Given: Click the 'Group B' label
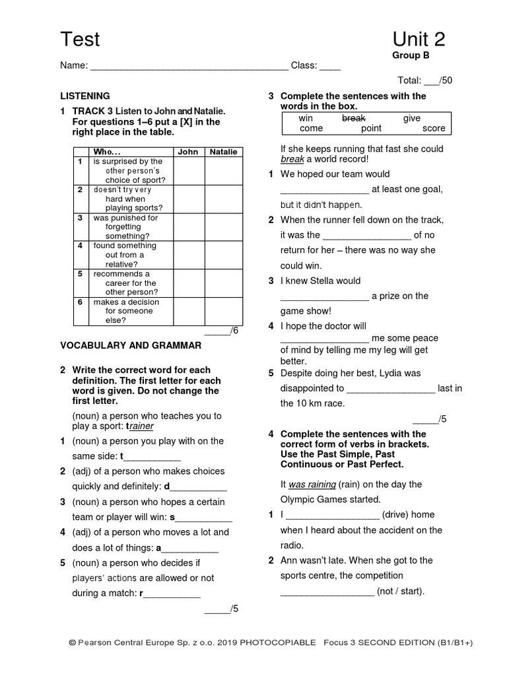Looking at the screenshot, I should [411, 55].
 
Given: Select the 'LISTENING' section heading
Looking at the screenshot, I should [85, 96].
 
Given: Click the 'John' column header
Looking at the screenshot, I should [188, 152].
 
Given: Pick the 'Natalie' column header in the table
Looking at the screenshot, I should [223, 152].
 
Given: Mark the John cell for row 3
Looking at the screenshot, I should [188, 226].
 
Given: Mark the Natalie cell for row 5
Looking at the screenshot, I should [223, 283].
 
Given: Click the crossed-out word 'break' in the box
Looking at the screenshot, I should [353, 118].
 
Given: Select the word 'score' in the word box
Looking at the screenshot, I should [434, 129].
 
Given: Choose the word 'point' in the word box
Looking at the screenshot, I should [371, 129].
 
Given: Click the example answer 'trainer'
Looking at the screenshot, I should [140, 426].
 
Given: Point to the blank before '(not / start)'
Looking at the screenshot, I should [327, 591].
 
